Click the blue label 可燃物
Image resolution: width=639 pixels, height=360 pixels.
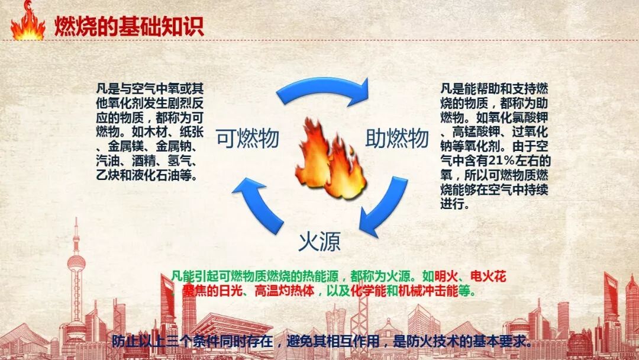click(x=247, y=138)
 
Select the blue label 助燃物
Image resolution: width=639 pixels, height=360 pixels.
click(x=397, y=138)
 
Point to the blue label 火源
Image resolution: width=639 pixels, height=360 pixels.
click(x=319, y=242)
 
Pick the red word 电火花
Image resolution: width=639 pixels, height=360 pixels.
click(x=488, y=277)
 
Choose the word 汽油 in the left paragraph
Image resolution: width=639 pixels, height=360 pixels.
click(x=109, y=160)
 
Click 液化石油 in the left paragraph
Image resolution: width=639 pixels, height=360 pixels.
click(x=159, y=175)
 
